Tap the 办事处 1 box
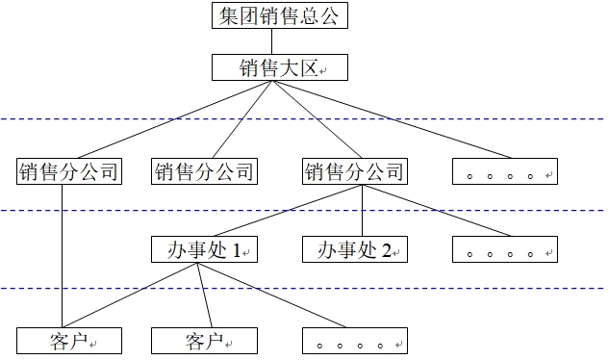click(x=203, y=250)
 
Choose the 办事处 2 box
click(x=354, y=250)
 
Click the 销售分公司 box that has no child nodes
click(x=203, y=172)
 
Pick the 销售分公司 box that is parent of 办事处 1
click(x=354, y=172)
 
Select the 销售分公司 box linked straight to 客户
click(x=67, y=172)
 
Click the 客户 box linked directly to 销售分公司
click(x=67, y=341)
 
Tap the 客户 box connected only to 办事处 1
click(x=203, y=341)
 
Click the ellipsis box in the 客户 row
click(x=354, y=341)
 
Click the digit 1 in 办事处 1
click(x=237, y=251)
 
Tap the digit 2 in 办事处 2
click(x=387, y=251)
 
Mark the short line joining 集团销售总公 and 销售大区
click(x=272, y=41)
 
